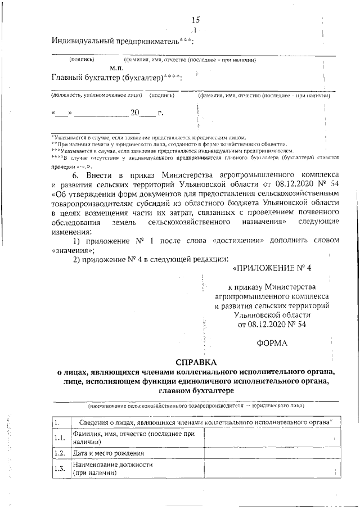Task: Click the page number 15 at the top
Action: click(195, 20)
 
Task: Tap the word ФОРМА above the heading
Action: click(272, 343)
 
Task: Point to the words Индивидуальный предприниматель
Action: click(115, 41)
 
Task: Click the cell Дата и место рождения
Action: click(108, 453)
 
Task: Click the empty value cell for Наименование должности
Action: click(272, 469)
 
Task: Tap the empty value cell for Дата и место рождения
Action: click(272, 453)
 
